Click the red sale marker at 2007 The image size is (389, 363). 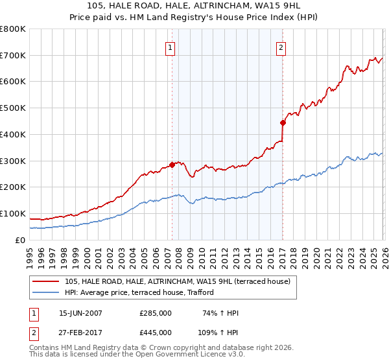(172, 165)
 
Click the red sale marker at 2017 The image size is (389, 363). (283, 123)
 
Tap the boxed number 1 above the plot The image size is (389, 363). (170, 47)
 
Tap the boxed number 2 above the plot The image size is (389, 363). (281, 47)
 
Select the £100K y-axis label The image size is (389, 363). (13, 213)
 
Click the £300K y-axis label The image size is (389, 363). (13, 161)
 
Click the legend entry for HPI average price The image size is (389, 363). (139, 293)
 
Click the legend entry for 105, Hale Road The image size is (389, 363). (181, 281)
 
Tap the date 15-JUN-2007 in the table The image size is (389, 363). (80, 313)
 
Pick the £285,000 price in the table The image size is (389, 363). (156, 313)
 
